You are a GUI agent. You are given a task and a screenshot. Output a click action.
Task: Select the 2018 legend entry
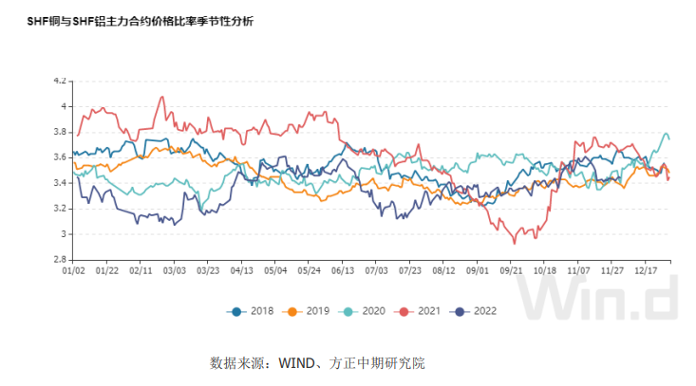(252, 310)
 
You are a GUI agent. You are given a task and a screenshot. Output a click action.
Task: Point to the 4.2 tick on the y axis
(60, 82)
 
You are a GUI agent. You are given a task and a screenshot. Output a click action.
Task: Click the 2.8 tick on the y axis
(60, 259)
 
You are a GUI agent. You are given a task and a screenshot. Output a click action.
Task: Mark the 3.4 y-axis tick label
(60, 183)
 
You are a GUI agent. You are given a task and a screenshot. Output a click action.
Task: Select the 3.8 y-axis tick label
(60, 132)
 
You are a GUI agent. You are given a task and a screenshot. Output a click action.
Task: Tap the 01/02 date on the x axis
(74, 270)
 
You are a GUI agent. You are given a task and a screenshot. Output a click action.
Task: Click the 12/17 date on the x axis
(645, 270)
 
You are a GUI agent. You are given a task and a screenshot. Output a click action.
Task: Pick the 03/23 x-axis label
(208, 270)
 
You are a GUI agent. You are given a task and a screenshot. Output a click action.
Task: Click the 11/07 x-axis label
(578, 270)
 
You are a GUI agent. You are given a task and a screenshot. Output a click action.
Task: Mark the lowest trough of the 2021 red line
(515, 244)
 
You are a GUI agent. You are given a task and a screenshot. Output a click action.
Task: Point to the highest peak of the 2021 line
(162, 96)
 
